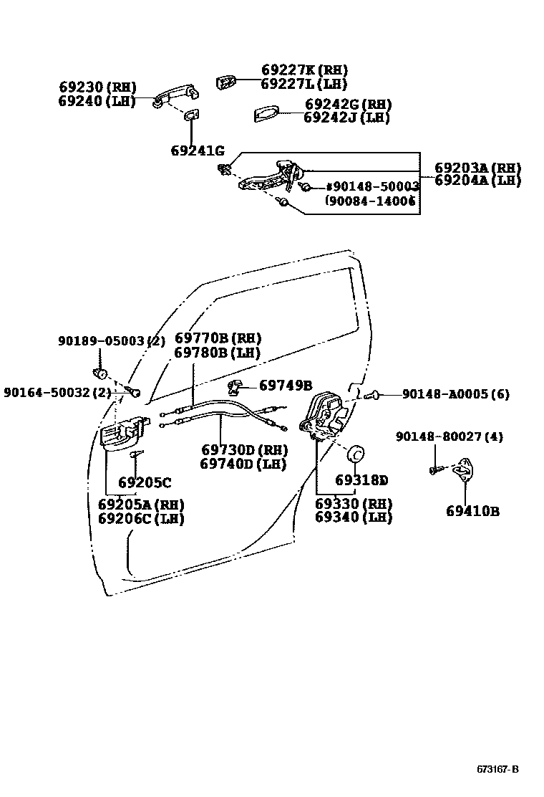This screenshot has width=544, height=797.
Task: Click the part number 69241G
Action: point(198,151)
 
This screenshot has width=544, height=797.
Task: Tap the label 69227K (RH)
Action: point(304,70)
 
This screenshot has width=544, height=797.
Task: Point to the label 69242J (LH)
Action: point(347,118)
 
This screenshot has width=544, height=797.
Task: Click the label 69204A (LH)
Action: point(477,181)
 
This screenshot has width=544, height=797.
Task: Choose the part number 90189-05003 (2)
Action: point(112,341)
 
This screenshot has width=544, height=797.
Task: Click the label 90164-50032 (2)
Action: point(57,392)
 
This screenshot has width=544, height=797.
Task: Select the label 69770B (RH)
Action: point(218,338)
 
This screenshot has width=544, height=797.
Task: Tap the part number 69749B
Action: point(286,386)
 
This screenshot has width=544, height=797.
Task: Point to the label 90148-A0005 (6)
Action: point(455,394)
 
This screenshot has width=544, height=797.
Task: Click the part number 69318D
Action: point(361,479)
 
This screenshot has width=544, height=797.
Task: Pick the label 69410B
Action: point(472,511)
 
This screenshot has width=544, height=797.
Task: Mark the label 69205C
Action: point(145,482)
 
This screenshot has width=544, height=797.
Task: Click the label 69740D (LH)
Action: point(243,464)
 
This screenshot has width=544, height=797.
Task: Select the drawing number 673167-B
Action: point(497,770)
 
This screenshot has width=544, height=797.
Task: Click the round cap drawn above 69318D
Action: point(355,454)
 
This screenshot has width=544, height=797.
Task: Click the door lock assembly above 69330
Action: point(326,416)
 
